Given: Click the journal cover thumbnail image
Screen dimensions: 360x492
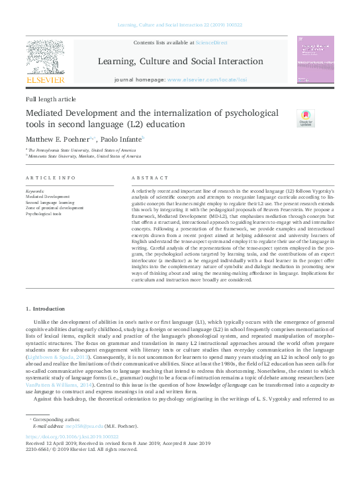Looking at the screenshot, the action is [x=315, y=60].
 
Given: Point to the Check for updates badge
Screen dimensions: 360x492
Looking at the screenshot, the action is [x=306, y=118].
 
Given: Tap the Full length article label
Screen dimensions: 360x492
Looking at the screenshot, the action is [x=52, y=99].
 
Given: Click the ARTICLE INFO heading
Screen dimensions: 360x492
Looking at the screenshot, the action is [x=51, y=179].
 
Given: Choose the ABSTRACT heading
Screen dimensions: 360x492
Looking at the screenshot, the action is [x=146, y=179].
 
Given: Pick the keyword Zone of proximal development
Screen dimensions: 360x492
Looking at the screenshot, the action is [x=54, y=208].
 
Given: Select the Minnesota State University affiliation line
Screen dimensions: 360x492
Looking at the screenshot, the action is [x=85, y=157].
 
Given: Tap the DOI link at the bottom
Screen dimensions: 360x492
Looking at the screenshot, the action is [x=72, y=436].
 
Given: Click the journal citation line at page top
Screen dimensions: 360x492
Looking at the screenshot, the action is [x=180, y=25].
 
